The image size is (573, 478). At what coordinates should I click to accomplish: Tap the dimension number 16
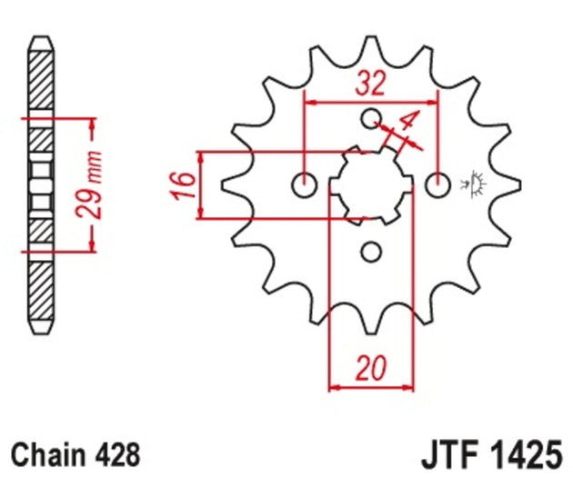[x=183, y=184]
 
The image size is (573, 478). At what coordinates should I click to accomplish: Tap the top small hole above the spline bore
[x=370, y=119]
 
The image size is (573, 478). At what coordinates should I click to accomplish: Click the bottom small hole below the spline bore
[x=370, y=252]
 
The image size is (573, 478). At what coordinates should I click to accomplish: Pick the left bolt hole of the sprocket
[x=304, y=185]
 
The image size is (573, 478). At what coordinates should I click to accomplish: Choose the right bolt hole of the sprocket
[x=437, y=185]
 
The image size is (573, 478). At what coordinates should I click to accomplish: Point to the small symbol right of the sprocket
[x=471, y=184]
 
